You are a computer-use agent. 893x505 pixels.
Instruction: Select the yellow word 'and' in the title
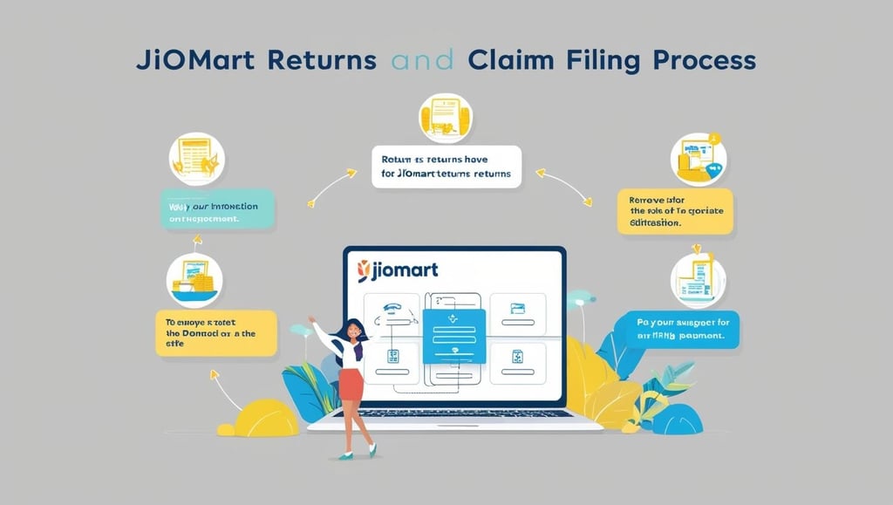(x=423, y=62)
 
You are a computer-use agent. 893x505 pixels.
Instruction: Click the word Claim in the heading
(x=508, y=62)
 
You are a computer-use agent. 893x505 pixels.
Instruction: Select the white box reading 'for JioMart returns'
(x=446, y=167)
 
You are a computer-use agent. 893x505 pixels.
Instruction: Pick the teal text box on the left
(x=218, y=212)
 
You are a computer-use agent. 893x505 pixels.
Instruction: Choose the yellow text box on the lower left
(x=215, y=332)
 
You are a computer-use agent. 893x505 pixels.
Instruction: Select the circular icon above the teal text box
(x=197, y=158)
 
